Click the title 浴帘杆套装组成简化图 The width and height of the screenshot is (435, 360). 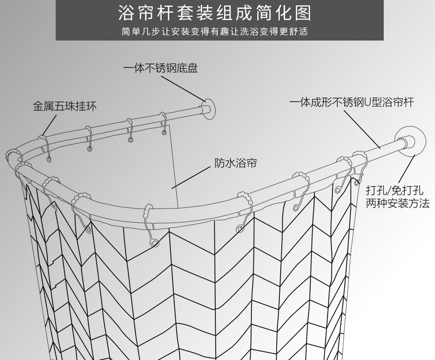click(215, 13)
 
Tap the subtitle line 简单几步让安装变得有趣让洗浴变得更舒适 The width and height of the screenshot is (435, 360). click(215, 32)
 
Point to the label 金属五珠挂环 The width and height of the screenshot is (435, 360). click(64, 106)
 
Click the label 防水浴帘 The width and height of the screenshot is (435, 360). click(236, 163)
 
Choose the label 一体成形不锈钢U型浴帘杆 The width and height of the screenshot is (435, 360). click(351, 102)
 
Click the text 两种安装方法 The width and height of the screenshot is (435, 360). click(398, 203)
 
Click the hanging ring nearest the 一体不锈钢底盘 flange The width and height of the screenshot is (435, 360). click(164, 124)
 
